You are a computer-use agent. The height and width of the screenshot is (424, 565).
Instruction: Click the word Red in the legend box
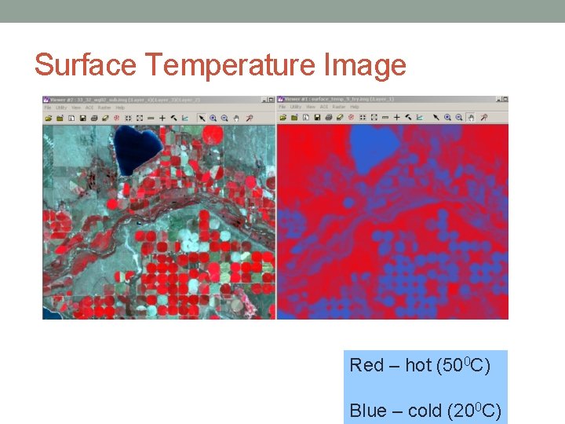click(x=366, y=365)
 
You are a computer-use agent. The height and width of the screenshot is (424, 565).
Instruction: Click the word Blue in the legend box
click(x=368, y=411)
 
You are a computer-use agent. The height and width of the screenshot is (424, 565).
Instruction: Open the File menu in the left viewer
click(x=48, y=108)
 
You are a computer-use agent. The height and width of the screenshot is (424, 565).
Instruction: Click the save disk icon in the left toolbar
click(x=82, y=118)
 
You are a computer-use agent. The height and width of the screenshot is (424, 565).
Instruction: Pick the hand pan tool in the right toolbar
click(x=471, y=118)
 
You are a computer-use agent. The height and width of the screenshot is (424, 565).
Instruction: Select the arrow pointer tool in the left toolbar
click(x=201, y=118)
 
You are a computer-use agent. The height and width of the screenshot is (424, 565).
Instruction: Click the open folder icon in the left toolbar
click(x=49, y=118)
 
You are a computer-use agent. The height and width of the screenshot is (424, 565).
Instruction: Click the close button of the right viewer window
click(x=505, y=100)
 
